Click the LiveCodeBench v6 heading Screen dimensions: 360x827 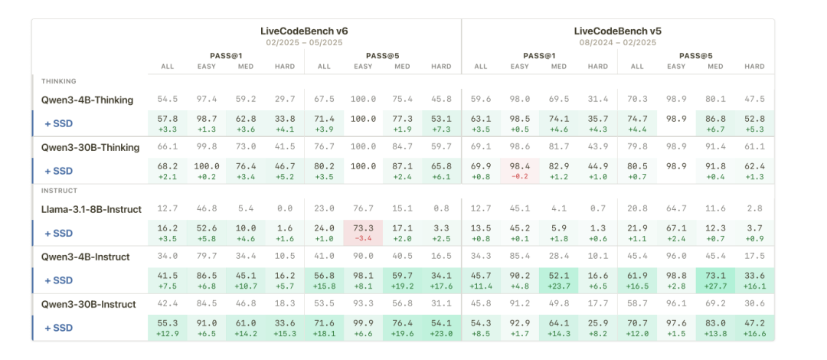[304, 31]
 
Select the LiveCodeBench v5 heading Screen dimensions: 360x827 [617, 31]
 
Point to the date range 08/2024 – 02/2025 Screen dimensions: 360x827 [617, 42]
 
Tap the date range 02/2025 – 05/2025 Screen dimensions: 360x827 [304, 42]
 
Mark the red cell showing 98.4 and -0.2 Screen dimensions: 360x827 [520, 171]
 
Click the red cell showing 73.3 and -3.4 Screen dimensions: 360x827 [364, 232]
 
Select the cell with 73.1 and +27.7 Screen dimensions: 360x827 [715, 280]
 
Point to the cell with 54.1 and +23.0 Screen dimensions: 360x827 [442, 327]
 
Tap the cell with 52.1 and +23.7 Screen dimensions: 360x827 [559, 280]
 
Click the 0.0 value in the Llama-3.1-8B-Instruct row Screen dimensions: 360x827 [286, 208]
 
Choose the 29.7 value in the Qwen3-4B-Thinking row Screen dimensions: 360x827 [286, 100]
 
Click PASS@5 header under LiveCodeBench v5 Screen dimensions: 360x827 [695, 55]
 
